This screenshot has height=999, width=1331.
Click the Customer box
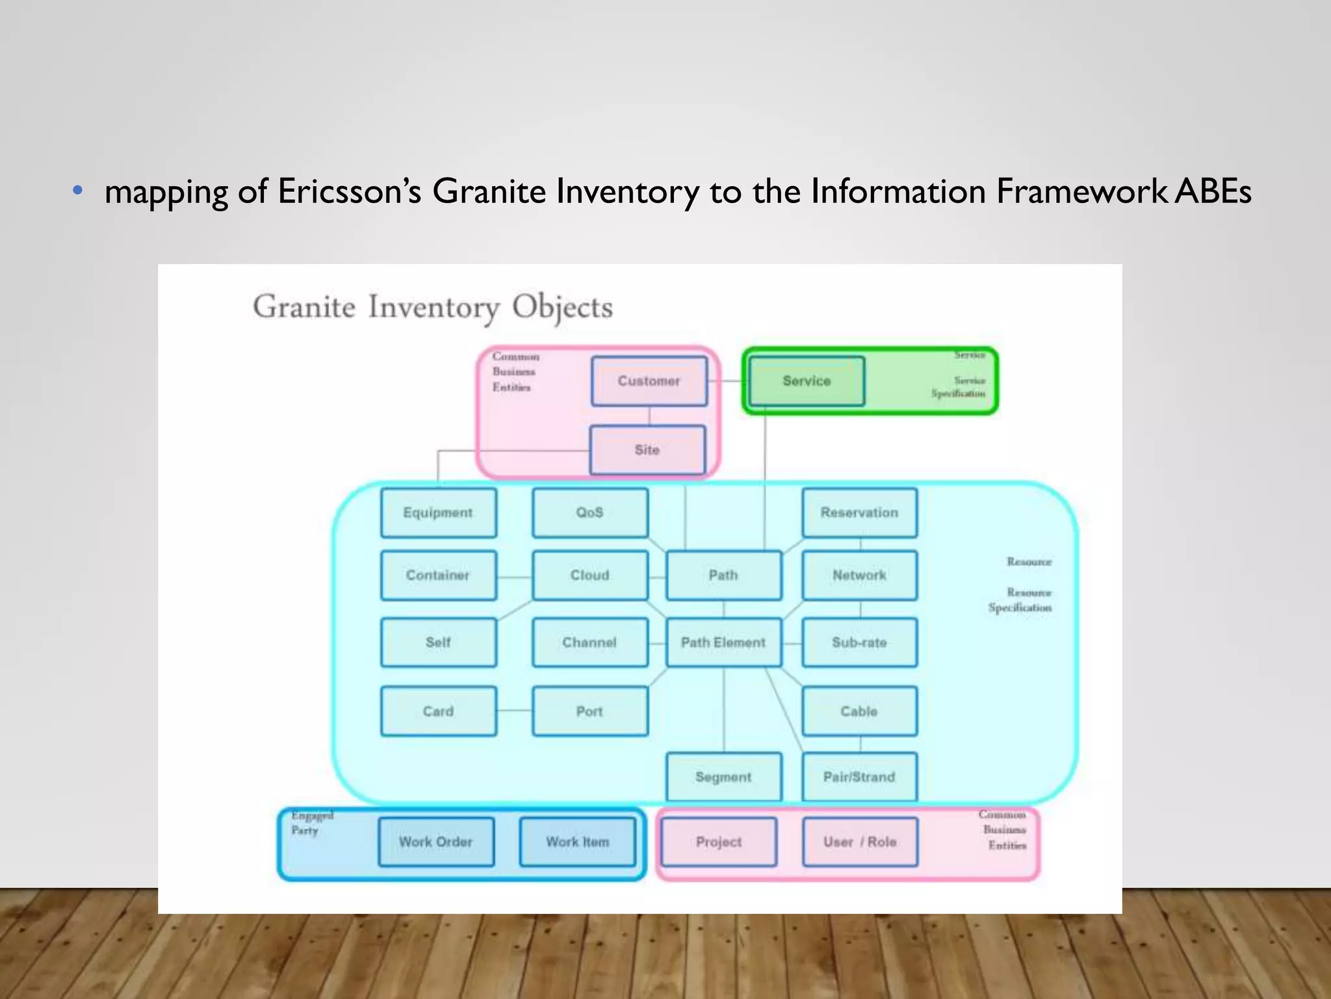pos(649,381)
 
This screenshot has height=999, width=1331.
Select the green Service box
pos(807,381)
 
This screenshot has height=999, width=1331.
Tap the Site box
pos(647,450)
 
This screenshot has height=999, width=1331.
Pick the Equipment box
pos(438,513)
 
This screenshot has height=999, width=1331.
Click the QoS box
pos(589,513)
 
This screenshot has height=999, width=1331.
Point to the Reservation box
pos(859,513)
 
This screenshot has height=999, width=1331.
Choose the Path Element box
pos(723,643)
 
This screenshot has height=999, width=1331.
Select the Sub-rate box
pos(859,643)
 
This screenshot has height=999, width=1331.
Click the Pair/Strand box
pos(859,777)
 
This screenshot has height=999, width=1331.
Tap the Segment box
pos(723,777)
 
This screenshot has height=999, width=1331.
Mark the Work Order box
pos(435,842)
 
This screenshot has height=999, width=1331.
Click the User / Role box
pos(860,842)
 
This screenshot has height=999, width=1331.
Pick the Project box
pos(718,842)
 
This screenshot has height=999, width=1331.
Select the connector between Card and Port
pos(514,711)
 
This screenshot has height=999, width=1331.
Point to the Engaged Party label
pos(311,823)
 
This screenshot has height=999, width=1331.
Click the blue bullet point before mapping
pos(78,191)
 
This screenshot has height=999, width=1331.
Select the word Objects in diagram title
pos(562,307)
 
